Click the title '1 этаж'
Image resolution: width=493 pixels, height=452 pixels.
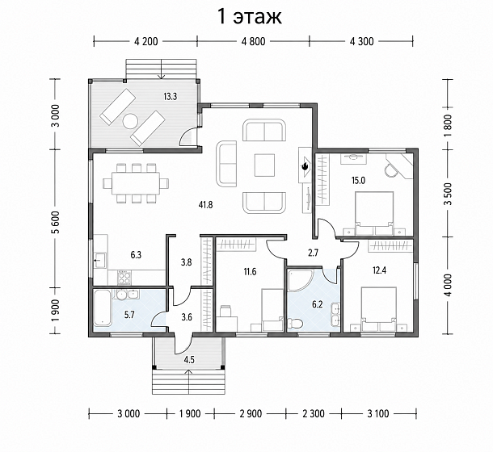coord(250,17)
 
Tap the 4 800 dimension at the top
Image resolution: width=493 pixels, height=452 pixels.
coord(253,41)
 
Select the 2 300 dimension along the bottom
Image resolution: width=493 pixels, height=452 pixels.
coord(314,413)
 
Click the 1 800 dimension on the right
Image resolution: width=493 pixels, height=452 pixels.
coord(448,124)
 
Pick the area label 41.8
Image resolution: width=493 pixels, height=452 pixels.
coord(205,205)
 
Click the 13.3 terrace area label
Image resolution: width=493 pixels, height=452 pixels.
coord(170,96)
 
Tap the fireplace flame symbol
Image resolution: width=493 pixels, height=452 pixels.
coord(305,166)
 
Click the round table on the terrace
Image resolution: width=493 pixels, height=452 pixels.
coord(130,121)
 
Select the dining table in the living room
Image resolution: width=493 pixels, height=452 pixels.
coord(136,182)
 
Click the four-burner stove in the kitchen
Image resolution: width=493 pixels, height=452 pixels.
coord(124,278)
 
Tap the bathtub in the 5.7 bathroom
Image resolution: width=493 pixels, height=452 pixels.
coord(102,308)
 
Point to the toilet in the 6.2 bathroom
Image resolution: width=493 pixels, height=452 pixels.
coord(295,324)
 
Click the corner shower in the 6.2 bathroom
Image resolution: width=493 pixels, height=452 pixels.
coord(300,280)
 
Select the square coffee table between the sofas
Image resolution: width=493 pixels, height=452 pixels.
coord(264,165)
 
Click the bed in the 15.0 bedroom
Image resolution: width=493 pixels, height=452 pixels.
coord(374,214)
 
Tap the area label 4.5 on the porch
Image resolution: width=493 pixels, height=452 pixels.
coord(189,359)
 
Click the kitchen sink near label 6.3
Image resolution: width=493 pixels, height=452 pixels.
coord(100,260)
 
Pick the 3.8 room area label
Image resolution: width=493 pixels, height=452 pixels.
coord(187,262)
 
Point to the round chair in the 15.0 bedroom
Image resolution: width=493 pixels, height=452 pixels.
coord(390,170)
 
